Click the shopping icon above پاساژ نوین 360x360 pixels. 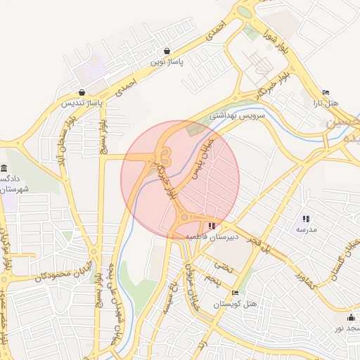point(167,51)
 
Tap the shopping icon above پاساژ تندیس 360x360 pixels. point(82,92)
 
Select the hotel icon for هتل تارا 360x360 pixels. point(325,92)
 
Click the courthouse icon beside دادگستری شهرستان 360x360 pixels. point(5,169)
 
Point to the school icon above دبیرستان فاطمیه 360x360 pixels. point(212,226)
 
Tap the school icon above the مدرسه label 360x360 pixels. point(306,219)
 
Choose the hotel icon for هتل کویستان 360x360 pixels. point(235,292)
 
